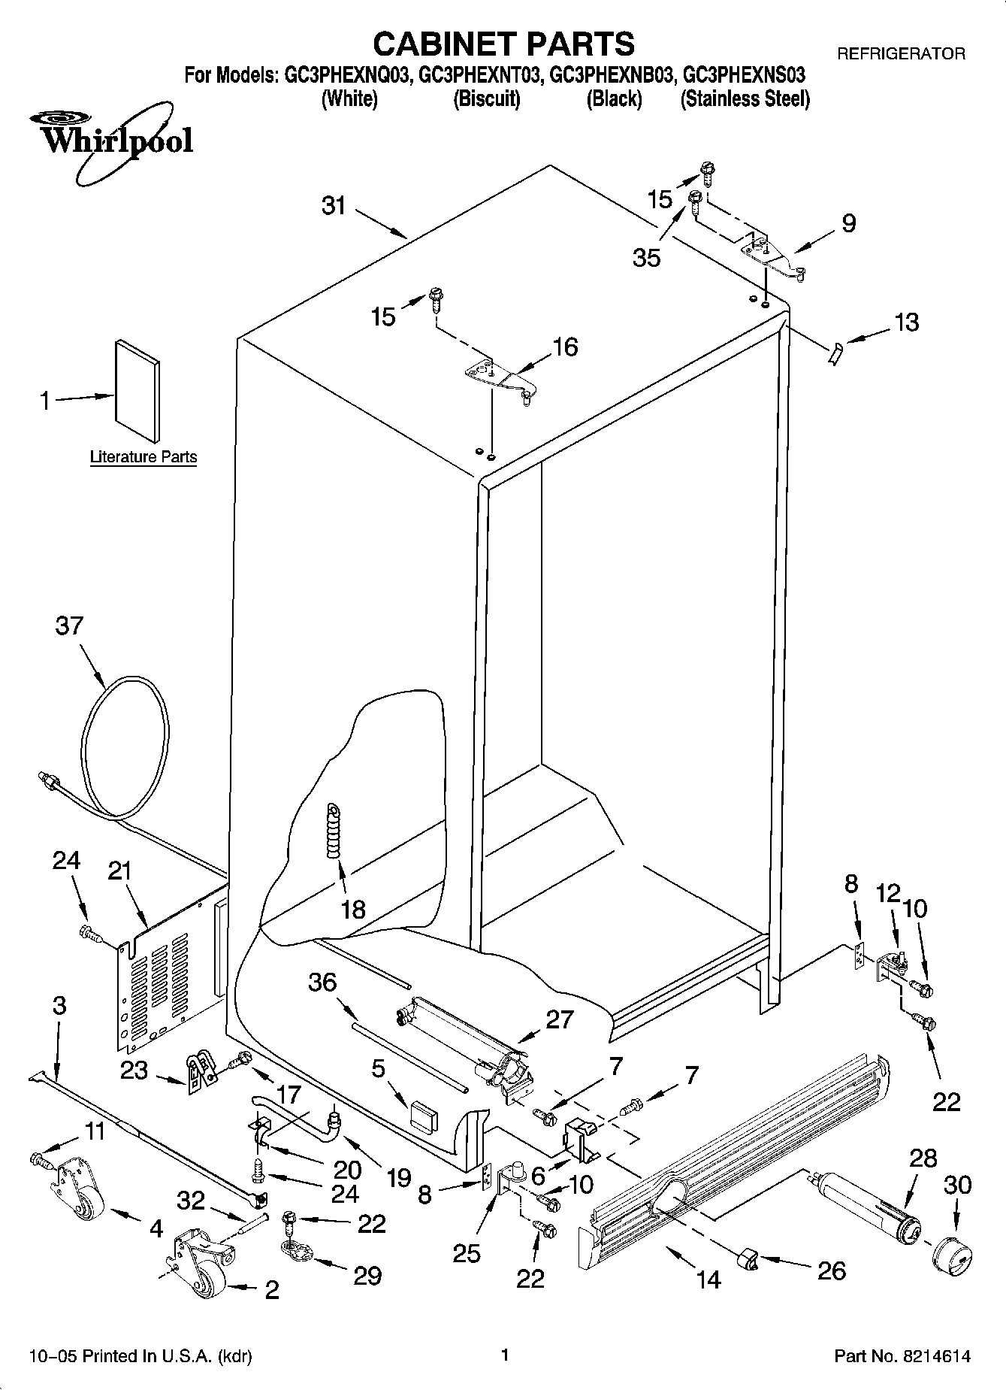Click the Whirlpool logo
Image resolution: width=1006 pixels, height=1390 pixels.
tap(111, 141)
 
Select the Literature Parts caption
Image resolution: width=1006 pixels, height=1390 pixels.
tap(143, 456)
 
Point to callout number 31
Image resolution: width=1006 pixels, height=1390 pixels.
tap(334, 205)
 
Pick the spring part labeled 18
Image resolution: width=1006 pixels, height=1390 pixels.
tap(333, 829)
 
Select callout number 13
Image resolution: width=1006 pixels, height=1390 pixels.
tap(907, 322)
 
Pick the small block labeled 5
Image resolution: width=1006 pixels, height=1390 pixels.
tap(424, 1116)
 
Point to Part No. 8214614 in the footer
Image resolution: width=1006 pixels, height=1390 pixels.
tap(902, 1356)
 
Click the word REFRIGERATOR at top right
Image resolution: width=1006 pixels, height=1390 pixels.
tap(901, 53)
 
